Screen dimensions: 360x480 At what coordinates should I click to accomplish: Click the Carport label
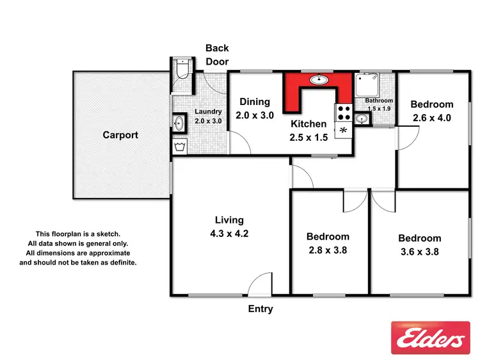pyautogui.click(x=120, y=135)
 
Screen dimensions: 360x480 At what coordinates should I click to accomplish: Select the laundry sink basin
pyautogui.click(x=180, y=122)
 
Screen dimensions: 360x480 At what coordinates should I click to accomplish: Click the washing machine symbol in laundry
pyautogui.click(x=179, y=147)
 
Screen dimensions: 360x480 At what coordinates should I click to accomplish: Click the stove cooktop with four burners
pyautogui.click(x=342, y=113)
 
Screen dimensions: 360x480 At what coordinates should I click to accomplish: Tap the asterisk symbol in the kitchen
pyautogui.click(x=343, y=131)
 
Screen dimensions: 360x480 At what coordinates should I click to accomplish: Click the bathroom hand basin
pyautogui.click(x=362, y=119)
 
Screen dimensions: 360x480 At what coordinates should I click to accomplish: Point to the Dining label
pyautogui.click(x=255, y=101)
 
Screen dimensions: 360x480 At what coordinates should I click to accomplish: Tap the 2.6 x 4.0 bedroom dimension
pyautogui.click(x=431, y=118)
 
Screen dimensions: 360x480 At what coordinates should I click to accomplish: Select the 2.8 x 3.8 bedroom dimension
pyautogui.click(x=327, y=250)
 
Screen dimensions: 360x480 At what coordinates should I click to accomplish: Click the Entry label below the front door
pyautogui.click(x=260, y=309)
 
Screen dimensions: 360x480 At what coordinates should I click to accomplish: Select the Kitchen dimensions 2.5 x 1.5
pyautogui.click(x=309, y=136)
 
